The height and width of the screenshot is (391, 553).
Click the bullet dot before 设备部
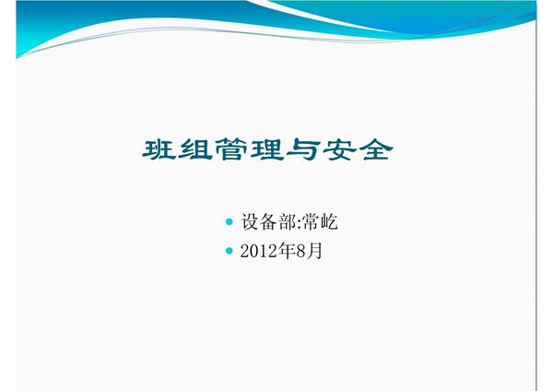[x=229, y=221]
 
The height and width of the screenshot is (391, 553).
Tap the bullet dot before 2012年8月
[x=229, y=249]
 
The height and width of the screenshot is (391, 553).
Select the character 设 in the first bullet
[x=250, y=221]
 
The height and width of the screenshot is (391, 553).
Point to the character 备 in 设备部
[x=268, y=221]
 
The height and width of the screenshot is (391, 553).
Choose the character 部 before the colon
[x=286, y=221]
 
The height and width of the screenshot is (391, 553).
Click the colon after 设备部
[x=298, y=223]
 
